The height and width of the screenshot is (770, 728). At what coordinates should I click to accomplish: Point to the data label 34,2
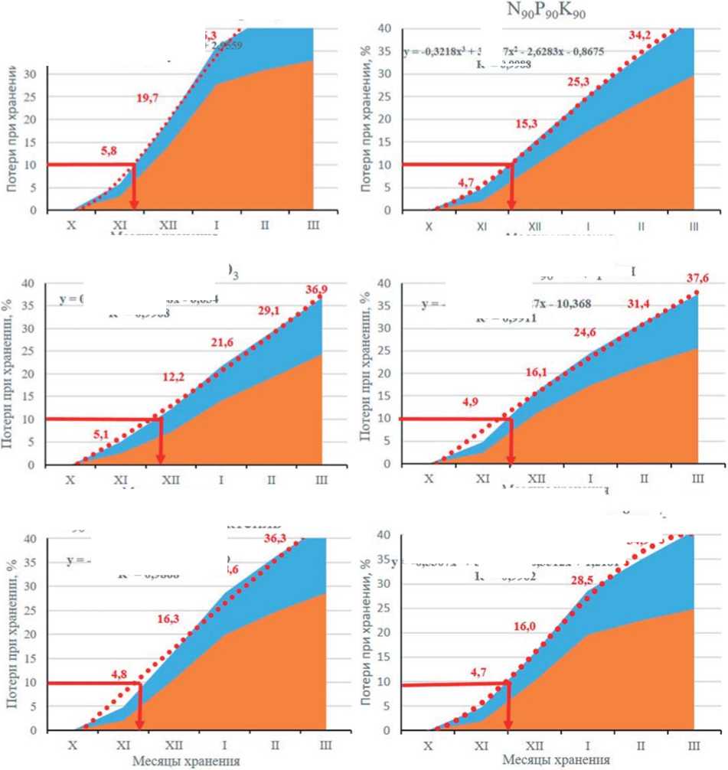641,34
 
